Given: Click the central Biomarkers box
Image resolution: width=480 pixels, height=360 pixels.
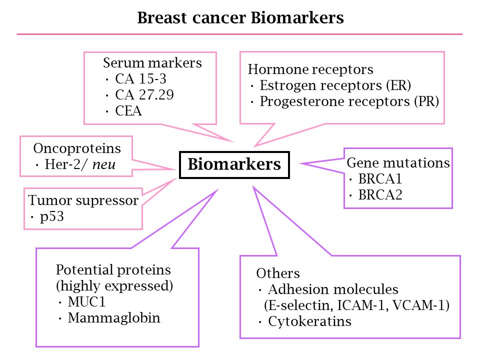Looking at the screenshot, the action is point(234,164).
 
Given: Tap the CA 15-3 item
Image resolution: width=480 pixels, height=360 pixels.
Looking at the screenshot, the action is point(141,79).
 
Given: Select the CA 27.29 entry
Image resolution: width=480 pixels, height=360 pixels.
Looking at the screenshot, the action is point(144,95).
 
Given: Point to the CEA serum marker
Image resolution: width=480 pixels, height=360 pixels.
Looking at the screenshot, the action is point(128,111).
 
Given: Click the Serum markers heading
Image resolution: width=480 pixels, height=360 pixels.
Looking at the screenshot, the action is point(152,63).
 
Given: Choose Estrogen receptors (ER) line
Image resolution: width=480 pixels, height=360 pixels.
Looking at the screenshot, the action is point(335,85).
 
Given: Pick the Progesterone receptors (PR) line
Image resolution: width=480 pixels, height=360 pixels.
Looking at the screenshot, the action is point(349,101).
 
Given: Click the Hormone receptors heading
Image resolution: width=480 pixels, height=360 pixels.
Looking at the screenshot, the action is point(310,69).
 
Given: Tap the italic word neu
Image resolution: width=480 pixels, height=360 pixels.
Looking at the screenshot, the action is point(104,165).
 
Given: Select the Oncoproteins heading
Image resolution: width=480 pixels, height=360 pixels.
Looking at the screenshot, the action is point(77,148).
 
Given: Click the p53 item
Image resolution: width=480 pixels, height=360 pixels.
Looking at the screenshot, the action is point(51,217).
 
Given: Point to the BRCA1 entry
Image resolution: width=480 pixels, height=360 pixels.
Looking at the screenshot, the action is point(380,179).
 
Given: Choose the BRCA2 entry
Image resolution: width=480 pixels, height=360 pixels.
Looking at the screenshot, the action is point(380,195).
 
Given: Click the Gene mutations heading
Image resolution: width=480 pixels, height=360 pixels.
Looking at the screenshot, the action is point(398,163).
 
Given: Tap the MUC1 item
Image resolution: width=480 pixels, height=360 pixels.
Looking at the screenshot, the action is point(86,302).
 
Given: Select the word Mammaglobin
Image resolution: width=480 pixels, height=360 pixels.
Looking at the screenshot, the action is point(114,318).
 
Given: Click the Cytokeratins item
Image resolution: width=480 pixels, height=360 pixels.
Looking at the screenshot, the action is point(310,321).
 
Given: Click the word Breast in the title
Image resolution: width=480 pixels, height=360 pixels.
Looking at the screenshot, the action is point(162,18).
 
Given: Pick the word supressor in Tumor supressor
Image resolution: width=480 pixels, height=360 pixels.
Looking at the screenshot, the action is point(107,201).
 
